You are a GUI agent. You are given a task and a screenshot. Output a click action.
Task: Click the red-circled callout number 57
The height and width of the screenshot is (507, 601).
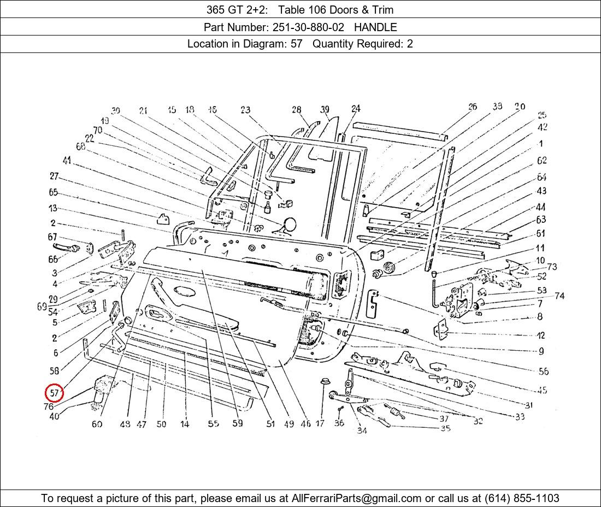click(x=54, y=393)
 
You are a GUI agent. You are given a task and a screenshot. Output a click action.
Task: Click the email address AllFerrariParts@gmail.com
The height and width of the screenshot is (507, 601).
click(x=357, y=498)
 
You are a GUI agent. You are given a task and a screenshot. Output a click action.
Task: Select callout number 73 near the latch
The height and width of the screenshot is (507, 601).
click(x=552, y=267)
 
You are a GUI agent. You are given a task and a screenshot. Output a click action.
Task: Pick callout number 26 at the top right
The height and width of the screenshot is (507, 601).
click(x=473, y=107)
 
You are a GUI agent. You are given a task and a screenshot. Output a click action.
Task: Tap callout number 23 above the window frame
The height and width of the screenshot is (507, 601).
click(x=245, y=110)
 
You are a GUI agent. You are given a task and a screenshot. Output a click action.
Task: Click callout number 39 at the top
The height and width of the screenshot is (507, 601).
click(x=325, y=110)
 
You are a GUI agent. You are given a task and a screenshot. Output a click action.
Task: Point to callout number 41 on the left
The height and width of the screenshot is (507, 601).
click(x=67, y=161)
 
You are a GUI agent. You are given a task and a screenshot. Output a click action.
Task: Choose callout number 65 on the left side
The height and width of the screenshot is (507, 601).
click(x=53, y=192)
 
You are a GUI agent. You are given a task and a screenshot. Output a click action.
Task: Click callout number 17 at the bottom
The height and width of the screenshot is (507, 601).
click(x=320, y=423)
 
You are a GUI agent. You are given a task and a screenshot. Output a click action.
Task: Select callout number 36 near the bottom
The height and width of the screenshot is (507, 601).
click(x=339, y=423)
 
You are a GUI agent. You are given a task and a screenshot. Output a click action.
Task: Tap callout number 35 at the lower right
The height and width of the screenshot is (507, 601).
click(x=445, y=428)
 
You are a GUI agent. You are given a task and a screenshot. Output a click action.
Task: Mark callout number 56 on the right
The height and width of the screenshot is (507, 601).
click(x=543, y=372)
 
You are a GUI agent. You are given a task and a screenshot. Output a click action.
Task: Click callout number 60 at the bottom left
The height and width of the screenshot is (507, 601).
click(x=97, y=424)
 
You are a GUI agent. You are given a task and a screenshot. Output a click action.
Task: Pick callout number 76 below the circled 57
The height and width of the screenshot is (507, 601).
click(x=48, y=406)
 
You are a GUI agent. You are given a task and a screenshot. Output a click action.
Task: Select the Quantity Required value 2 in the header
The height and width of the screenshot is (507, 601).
click(x=410, y=44)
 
